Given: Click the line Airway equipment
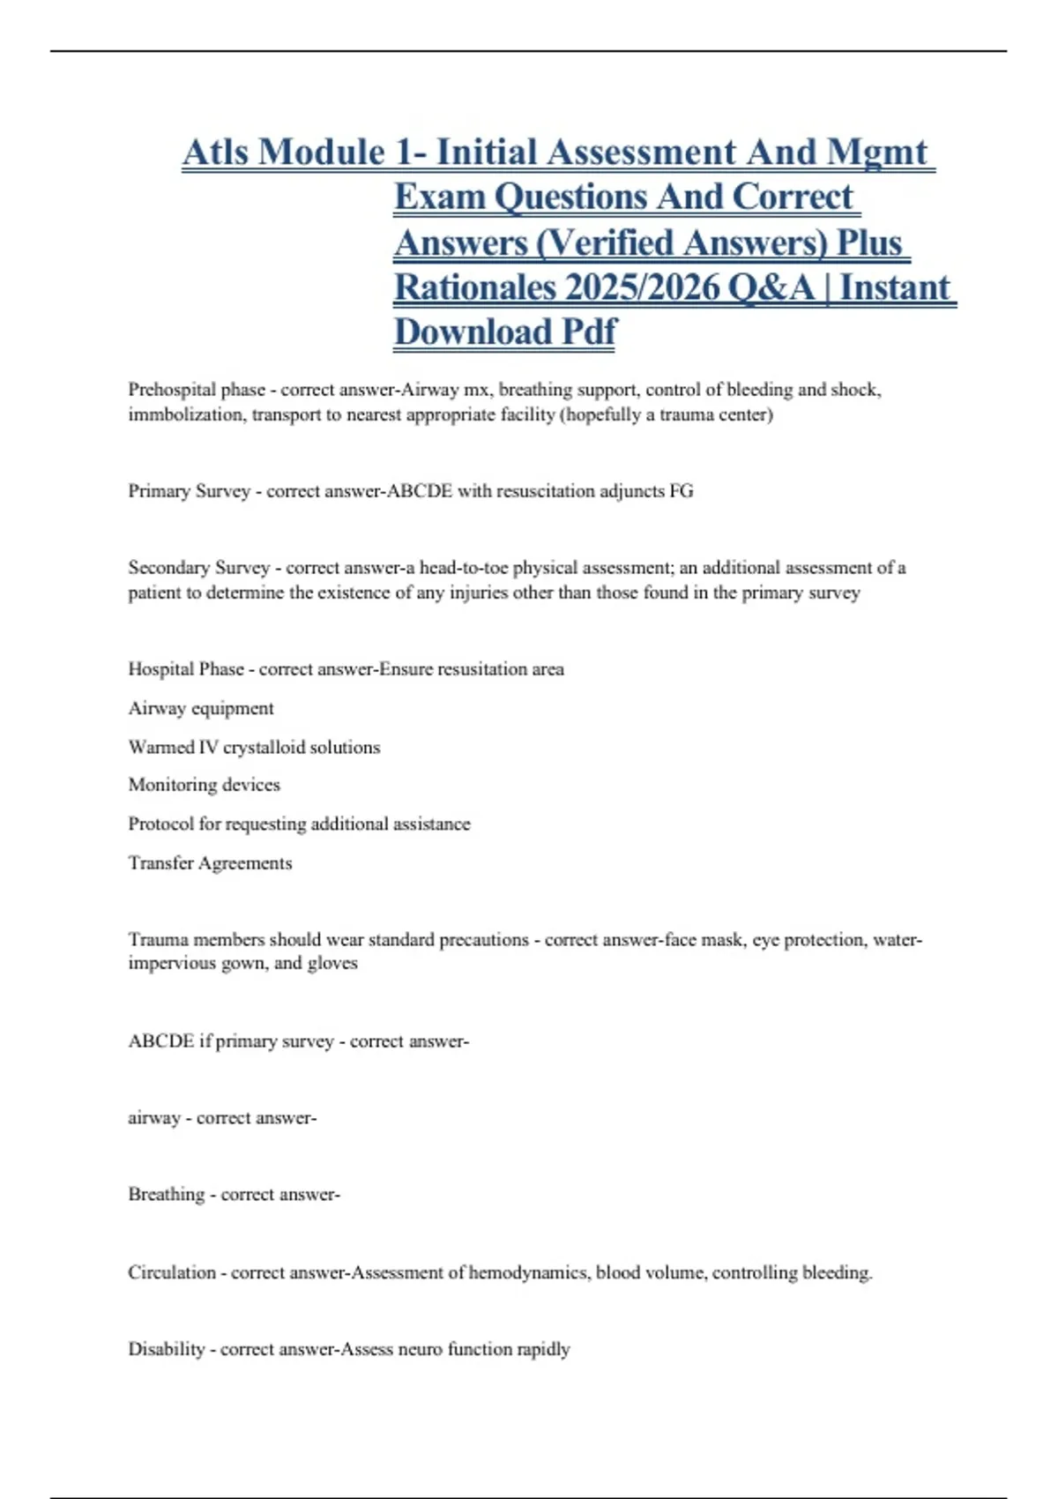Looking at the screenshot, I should [201, 708].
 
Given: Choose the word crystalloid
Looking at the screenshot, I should [271, 747].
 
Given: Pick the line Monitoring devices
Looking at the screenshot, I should [205, 785].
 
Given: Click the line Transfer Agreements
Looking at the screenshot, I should [210, 862].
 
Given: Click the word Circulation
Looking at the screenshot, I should [172, 1272].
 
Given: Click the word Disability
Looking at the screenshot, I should [166, 1349].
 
